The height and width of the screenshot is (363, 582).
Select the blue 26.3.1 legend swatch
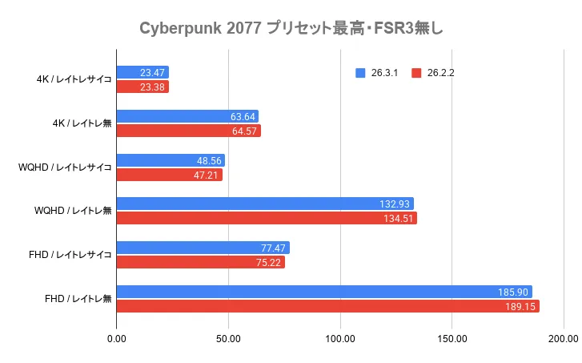[x=360, y=73]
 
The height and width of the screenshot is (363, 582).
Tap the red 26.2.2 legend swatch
[x=416, y=73]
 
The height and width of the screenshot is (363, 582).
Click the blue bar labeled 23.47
[x=142, y=72]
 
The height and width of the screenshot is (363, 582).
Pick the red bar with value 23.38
[x=142, y=87]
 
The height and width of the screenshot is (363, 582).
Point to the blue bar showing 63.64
[x=187, y=116]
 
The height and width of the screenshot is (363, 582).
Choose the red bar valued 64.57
[x=189, y=131]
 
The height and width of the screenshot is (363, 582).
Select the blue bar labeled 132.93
[x=265, y=204]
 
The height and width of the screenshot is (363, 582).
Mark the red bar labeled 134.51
[x=267, y=218]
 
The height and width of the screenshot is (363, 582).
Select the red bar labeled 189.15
[x=328, y=306]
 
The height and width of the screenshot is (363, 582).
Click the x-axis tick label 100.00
[x=340, y=339]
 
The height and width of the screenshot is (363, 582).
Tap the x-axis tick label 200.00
[x=563, y=339]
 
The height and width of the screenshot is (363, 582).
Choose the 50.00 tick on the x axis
[x=229, y=339]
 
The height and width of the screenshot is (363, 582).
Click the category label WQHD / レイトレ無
[x=73, y=211]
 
